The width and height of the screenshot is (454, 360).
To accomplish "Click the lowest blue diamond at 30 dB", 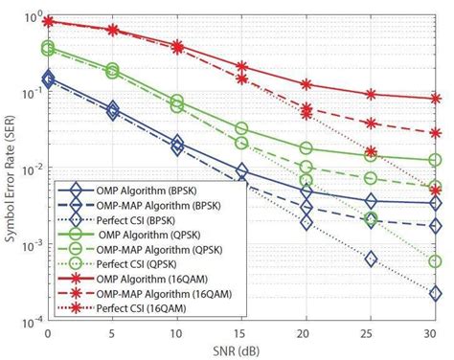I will (x=435, y=294).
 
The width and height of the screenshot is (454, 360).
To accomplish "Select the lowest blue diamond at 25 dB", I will (x=371, y=259).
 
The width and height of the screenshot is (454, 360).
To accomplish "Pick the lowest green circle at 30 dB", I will (x=435, y=261).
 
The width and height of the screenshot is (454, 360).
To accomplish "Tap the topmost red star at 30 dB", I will (x=435, y=99).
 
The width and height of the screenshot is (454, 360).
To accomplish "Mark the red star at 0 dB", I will (x=48, y=21).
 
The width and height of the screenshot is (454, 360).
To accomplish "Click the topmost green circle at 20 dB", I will (x=306, y=148).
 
